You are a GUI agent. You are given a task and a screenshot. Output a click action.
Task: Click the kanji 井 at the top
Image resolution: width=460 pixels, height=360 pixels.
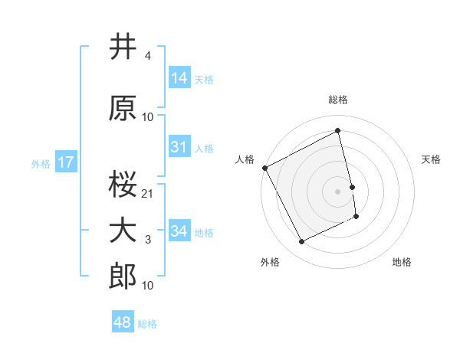point(123,47)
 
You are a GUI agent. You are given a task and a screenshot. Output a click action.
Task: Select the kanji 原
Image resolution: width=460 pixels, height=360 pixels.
point(123,109)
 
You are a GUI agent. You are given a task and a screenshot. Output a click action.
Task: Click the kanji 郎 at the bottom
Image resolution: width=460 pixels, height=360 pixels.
point(123,278)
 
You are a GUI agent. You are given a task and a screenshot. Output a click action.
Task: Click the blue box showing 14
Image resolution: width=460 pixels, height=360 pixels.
point(179,78)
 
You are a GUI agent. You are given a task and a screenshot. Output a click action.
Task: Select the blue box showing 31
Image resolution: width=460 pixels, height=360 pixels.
point(179,148)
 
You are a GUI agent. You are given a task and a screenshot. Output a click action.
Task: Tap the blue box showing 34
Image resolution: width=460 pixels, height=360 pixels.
point(179,232)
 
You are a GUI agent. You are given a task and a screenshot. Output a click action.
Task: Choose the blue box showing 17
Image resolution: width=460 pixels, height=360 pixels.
point(65,162)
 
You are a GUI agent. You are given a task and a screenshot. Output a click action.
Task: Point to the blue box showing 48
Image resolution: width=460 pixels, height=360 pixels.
point(123,322)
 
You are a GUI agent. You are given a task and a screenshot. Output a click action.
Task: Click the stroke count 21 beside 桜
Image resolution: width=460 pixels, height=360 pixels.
point(148,194)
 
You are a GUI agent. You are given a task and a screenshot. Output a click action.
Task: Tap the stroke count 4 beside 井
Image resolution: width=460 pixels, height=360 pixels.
point(147,56)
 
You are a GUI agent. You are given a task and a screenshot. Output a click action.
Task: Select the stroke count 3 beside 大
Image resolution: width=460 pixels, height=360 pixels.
point(147,241)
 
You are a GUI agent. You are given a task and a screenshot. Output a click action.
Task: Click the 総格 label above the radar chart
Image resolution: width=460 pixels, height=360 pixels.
point(338,100)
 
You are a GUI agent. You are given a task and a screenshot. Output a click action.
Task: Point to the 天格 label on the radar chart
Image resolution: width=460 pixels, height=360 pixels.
point(432,159)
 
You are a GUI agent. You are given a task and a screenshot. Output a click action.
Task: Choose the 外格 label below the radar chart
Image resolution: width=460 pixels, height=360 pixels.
point(270,262)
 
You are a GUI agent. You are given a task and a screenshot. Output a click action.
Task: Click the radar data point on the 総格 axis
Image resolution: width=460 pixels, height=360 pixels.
point(338,131)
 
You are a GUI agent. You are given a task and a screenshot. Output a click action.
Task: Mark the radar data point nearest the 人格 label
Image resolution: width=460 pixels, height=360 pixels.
point(264,168)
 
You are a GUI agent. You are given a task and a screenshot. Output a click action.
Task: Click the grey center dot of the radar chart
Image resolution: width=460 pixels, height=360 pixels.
point(338,191)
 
